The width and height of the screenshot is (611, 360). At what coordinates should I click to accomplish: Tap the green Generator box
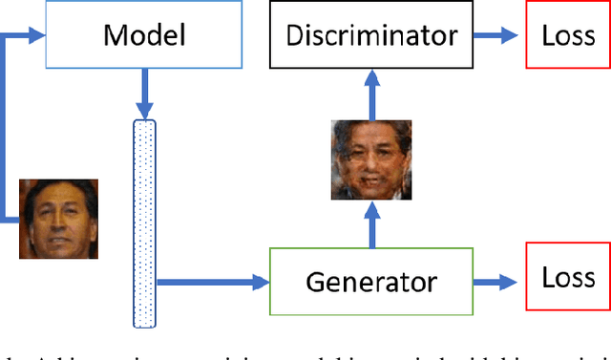(371, 282)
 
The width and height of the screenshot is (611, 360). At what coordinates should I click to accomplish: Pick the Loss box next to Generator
(568, 280)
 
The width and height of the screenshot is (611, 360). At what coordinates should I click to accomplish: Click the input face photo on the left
(58, 219)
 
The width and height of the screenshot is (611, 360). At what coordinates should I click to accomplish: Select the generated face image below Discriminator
(370, 159)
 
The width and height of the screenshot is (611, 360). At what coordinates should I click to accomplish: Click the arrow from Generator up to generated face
(371, 225)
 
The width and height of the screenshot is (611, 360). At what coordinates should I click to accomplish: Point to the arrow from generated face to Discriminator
(371, 95)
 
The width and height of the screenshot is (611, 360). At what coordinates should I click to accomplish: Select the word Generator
(371, 282)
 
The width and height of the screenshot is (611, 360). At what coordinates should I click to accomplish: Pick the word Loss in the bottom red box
(568, 279)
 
